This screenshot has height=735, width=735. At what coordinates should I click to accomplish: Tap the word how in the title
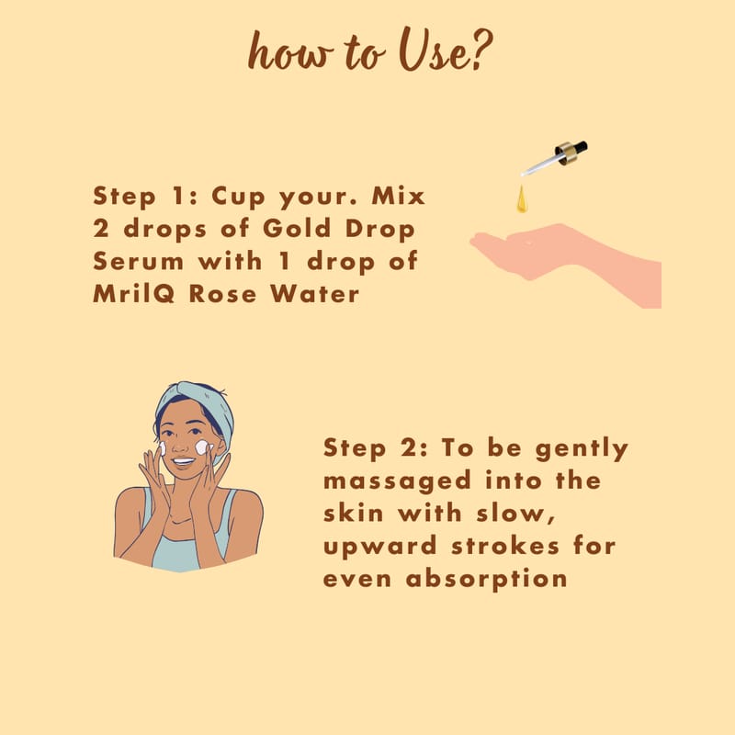pos(290,51)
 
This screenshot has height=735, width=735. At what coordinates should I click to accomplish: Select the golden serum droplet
pos(522,199)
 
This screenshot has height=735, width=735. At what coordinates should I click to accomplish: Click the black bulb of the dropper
pos(580,147)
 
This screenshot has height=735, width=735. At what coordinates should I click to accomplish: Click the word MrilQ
pos(134,294)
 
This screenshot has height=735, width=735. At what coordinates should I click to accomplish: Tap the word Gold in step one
pos(297,228)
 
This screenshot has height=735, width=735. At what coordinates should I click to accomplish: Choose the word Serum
pos(139,261)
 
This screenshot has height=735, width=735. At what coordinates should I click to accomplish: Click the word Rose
pos(223,294)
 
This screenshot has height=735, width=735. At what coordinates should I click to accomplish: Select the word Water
pos(315,294)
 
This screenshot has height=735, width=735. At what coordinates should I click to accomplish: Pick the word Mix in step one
pos(399,196)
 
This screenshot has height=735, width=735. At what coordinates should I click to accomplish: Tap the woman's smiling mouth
pos(183,462)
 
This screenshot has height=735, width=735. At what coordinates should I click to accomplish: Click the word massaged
pos(397,482)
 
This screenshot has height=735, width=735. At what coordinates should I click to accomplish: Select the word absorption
pos(487,580)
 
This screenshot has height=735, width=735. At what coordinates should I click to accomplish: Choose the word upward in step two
pos(380,548)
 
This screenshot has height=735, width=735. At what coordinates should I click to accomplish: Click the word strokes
pos(505,546)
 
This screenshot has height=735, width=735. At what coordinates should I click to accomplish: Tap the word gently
pos(582,449)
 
